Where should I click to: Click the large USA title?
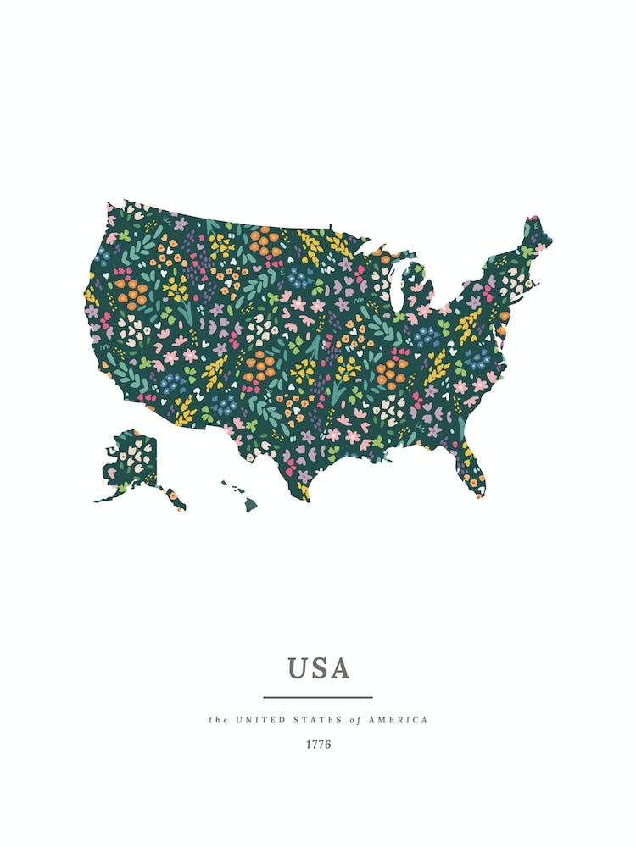[x=318, y=668]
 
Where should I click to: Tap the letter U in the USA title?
[x=298, y=668]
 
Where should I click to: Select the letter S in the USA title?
[x=319, y=668]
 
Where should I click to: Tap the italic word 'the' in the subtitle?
[x=218, y=720]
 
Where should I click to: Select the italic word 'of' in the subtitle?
[x=355, y=720]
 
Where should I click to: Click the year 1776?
[x=318, y=745]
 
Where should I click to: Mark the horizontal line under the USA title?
[x=318, y=697]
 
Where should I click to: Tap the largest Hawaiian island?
[x=251, y=505]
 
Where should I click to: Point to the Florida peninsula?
[x=472, y=470]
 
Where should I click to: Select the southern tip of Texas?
[x=303, y=495]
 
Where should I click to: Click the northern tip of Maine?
[x=533, y=222]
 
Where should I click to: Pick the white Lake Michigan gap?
[x=395, y=284]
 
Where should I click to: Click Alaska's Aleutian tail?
[x=106, y=495]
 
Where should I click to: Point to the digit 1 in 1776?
[x=309, y=745]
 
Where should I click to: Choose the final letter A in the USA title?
[x=338, y=668]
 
